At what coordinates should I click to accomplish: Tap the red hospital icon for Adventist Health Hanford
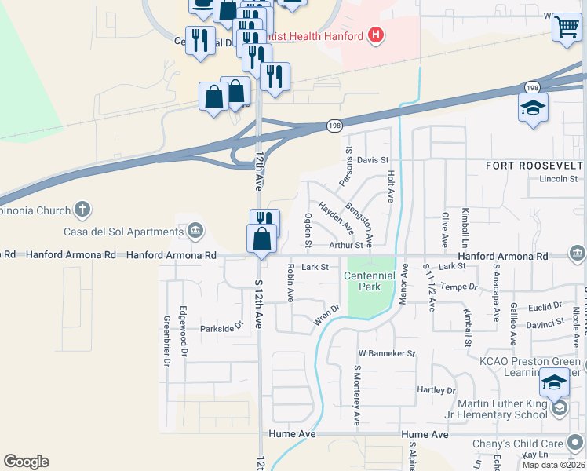click(x=377, y=35)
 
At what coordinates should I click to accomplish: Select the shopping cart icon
click(x=566, y=27)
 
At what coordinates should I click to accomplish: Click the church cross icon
click(x=82, y=210)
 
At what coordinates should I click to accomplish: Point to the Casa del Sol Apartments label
click(x=123, y=232)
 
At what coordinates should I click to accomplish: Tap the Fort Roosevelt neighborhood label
click(x=534, y=166)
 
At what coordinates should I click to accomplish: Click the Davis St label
click(x=373, y=160)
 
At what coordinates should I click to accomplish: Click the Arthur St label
click(x=346, y=246)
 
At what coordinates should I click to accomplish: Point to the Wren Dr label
click(x=326, y=314)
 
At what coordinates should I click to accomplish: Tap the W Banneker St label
click(x=386, y=353)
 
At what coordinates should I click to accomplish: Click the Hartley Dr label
click(x=436, y=390)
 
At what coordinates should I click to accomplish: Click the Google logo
click(x=26, y=462)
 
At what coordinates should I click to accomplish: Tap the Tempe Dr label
click(x=459, y=287)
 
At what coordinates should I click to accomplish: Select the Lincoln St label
click(x=558, y=179)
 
